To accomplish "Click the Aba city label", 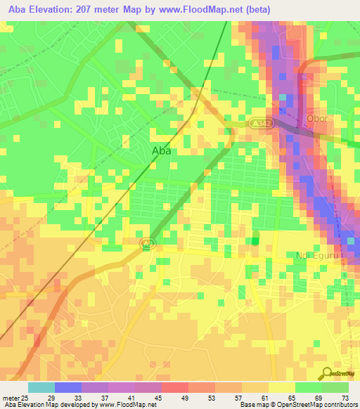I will click(x=161, y=150).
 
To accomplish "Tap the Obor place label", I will click(x=317, y=118).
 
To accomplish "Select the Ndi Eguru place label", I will click(x=319, y=256).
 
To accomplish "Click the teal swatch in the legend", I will click(x=41, y=387).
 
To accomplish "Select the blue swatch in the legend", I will click(x=67, y=387).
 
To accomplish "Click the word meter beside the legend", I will click(x=10, y=397).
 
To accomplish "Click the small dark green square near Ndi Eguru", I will click(x=254, y=241).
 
